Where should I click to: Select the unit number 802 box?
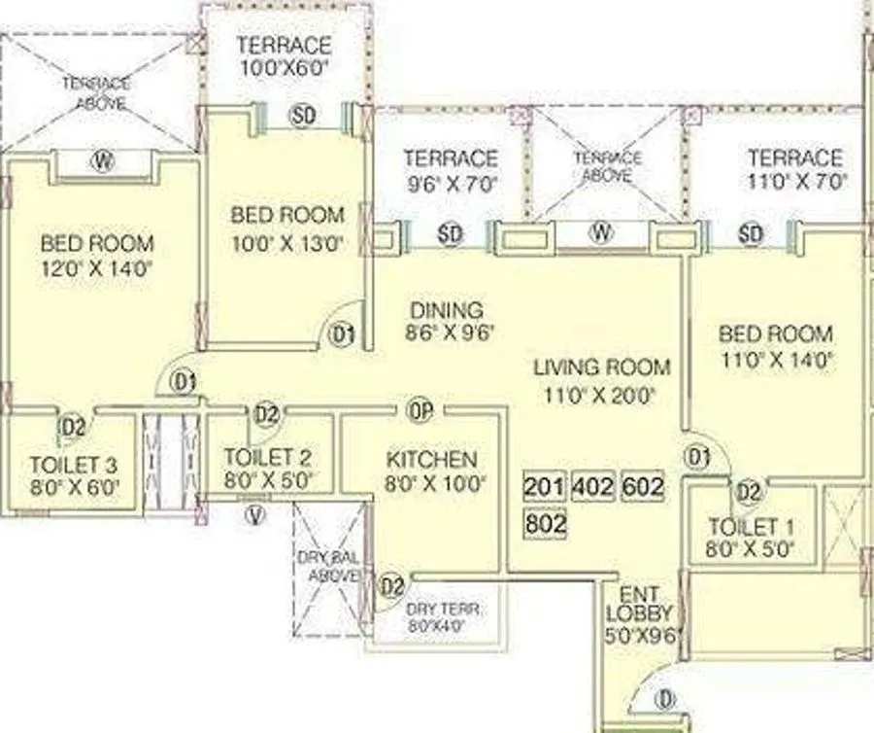[545, 523]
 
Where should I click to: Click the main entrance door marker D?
[663, 699]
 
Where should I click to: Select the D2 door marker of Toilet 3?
[72, 427]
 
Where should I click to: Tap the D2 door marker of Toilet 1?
[748, 493]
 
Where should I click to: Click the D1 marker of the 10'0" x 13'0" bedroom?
[343, 335]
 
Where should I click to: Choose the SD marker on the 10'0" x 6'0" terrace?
[303, 115]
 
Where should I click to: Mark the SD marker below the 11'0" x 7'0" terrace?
[750, 234]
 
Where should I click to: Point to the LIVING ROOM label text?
[601, 367]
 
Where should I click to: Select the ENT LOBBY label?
[633, 605]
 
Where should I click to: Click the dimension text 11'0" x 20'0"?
[601, 395]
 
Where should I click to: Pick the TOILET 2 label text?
[268, 457]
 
